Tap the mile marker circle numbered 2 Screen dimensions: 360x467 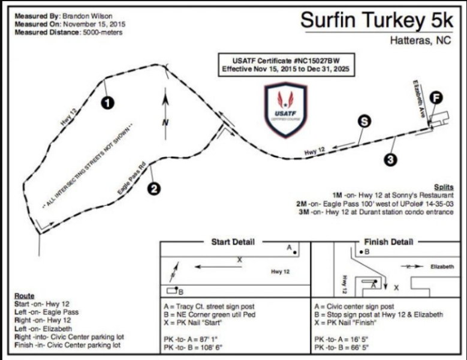click(x=154, y=188)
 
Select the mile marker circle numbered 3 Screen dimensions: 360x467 click(x=390, y=159)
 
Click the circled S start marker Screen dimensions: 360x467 click(x=363, y=121)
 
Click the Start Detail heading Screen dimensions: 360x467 click(x=233, y=242)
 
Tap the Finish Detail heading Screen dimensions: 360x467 click(x=388, y=242)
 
